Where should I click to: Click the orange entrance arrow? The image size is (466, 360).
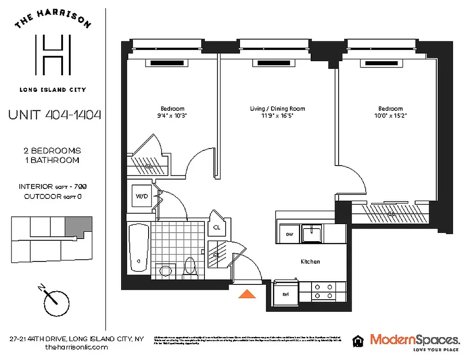(x=247, y=294)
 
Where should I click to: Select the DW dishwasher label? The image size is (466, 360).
(x=290, y=234)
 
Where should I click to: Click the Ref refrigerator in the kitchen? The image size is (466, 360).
(x=285, y=294)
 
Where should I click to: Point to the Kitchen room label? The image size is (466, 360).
(x=310, y=261)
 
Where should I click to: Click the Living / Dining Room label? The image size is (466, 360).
(x=277, y=108)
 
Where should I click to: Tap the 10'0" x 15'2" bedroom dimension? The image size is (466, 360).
(x=390, y=116)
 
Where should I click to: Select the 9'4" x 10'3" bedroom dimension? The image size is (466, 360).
(x=173, y=116)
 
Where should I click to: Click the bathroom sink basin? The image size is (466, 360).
(x=166, y=270)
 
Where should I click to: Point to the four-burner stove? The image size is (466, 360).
(x=324, y=291)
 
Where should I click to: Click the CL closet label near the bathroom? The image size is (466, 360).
(x=217, y=227)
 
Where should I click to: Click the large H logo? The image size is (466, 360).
(x=53, y=56)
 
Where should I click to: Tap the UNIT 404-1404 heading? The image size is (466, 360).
(x=54, y=115)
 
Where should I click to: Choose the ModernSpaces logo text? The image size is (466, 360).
(x=414, y=339)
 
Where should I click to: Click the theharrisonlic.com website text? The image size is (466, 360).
(x=77, y=347)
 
